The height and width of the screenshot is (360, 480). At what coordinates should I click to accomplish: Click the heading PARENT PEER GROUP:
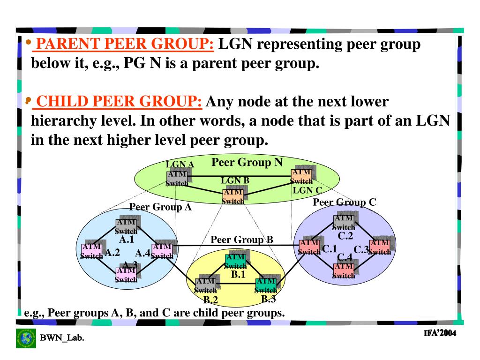(126, 45)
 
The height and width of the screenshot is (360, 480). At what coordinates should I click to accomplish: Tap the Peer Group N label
(247, 163)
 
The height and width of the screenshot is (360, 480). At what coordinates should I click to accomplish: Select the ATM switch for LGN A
(177, 179)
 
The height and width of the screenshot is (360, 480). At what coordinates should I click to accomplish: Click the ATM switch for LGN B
(233, 196)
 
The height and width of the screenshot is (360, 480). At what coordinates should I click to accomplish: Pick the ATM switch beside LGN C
(301, 177)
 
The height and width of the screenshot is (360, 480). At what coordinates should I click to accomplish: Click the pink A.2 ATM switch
(91, 251)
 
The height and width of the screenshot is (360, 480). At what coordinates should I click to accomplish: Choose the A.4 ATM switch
(162, 251)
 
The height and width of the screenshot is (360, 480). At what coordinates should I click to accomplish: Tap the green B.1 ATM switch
(235, 261)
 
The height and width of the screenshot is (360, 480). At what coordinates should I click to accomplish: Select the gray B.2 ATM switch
(205, 285)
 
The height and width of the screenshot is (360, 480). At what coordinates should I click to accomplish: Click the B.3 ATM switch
(266, 285)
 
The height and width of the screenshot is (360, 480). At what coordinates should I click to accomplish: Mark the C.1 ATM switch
(309, 247)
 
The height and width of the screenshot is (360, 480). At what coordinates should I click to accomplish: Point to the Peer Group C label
(345, 202)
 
